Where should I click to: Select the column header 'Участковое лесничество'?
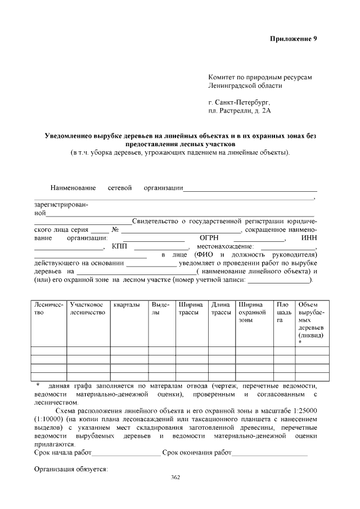[88, 308]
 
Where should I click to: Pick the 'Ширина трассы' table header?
[190, 308]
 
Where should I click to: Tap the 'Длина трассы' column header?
[220, 308]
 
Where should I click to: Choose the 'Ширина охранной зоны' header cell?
[252, 312]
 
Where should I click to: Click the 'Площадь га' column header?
[283, 312]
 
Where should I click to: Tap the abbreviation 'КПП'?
[119, 246]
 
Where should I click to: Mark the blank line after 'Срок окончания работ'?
[269, 452]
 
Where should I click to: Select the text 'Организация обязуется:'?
[71, 469]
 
